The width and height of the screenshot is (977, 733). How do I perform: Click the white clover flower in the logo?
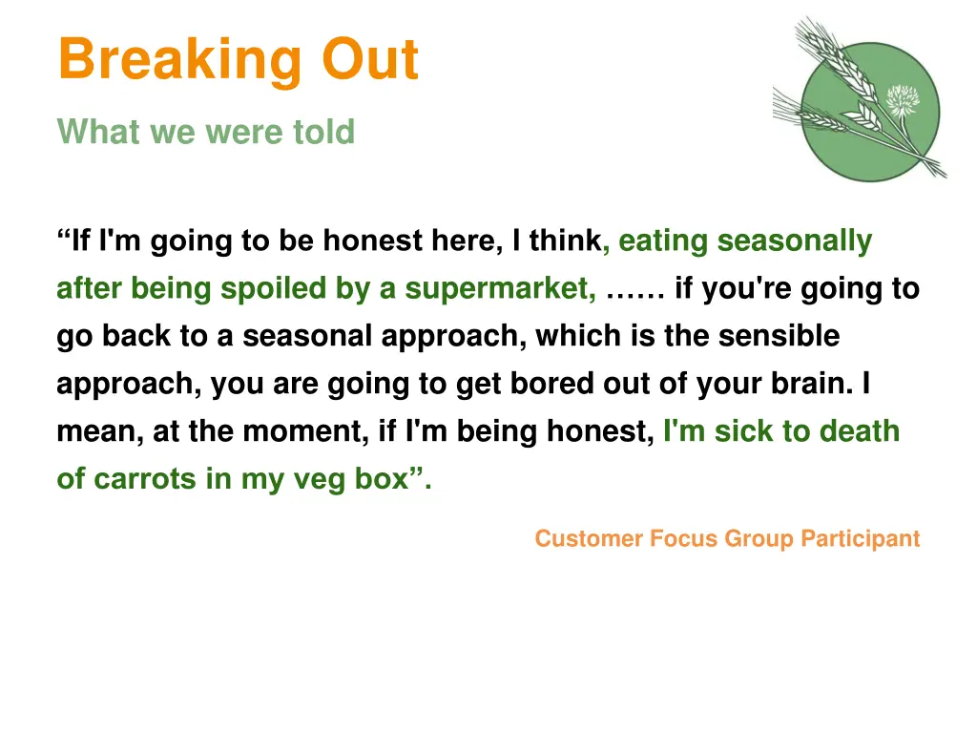click(x=902, y=100)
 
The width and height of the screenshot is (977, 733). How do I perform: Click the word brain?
click(x=806, y=384)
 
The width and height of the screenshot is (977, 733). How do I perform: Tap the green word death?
click(x=859, y=431)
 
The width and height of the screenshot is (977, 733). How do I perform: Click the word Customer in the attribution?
click(x=589, y=539)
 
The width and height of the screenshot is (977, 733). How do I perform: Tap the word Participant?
click(x=860, y=539)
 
